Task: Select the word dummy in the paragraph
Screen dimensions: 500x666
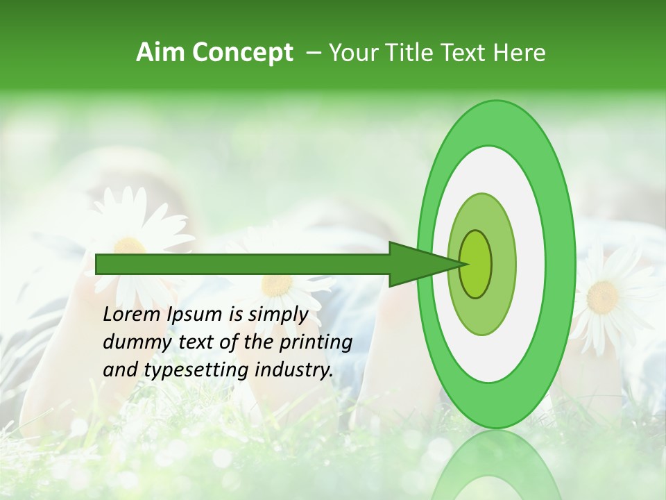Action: tap(131, 342)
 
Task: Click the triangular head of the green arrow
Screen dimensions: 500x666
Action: tap(423, 264)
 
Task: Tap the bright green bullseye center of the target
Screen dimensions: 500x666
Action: tap(475, 264)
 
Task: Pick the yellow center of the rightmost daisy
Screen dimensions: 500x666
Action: tap(602, 297)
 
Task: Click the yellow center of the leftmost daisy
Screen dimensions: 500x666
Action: tap(130, 247)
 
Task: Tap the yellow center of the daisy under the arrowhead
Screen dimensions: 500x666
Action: tap(277, 285)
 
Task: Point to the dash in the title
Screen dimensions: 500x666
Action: tap(313, 53)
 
